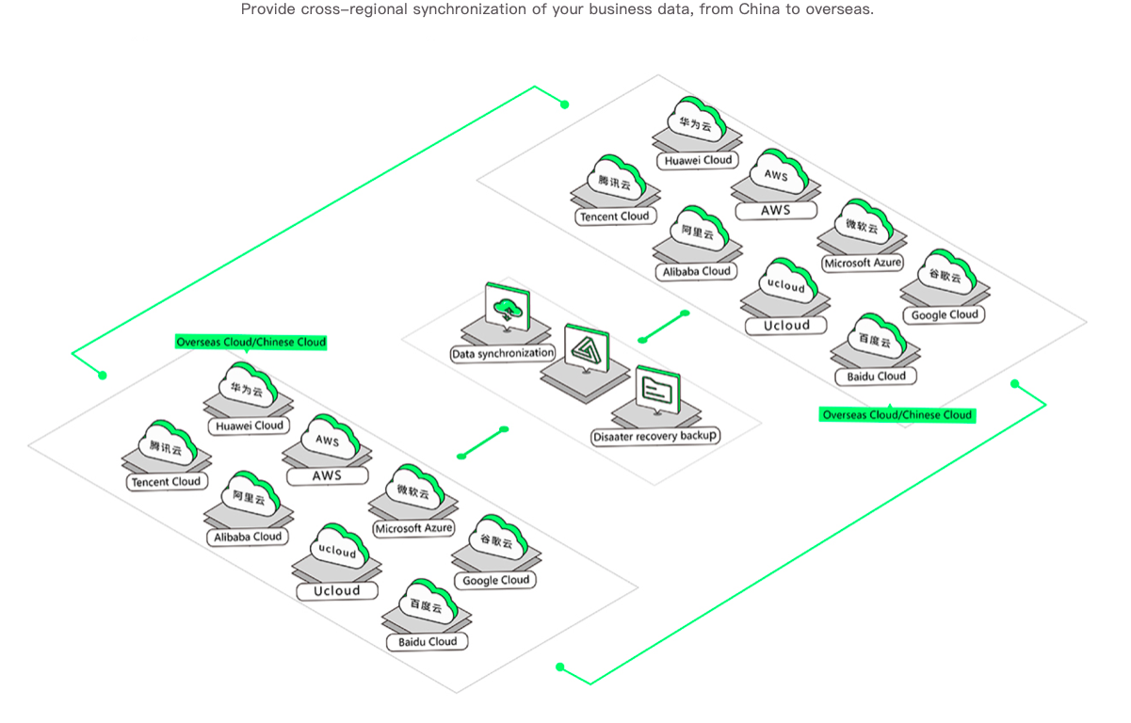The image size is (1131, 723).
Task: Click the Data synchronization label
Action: (x=502, y=353)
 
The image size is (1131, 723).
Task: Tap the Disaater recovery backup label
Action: (x=654, y=436)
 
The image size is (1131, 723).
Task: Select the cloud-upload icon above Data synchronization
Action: (x=508, y=308)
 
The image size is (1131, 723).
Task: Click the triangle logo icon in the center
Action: (x=587, y=349)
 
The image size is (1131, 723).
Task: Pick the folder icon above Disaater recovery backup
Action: (x=658, y=390)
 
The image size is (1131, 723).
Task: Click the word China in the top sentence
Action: (x=760, y=9)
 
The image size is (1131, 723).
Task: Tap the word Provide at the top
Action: (x=268, y=9)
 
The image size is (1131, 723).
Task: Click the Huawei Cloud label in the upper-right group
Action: (x=698, y=161)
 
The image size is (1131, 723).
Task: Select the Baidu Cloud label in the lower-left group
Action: (x=428, y=642)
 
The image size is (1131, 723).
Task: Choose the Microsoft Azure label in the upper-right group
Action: (x=863, y=263)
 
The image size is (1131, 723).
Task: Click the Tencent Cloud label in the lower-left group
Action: (x=166, y=482)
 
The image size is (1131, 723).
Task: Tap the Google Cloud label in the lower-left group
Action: (x=496, y=580)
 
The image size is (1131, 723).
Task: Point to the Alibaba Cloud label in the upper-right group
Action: (x=696, y=272)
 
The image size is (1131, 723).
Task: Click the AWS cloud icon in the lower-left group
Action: (x=330, y=438)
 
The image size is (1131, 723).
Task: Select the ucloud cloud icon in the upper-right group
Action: (x=787, y=281)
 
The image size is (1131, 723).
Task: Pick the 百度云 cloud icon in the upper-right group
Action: (x=877, y=337)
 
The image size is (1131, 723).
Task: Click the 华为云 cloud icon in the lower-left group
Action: (x=248, y=386)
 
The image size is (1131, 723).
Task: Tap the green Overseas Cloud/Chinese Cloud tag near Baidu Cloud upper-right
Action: (x=897, y=414)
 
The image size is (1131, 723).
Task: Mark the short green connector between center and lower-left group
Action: (x=483, y=442)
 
